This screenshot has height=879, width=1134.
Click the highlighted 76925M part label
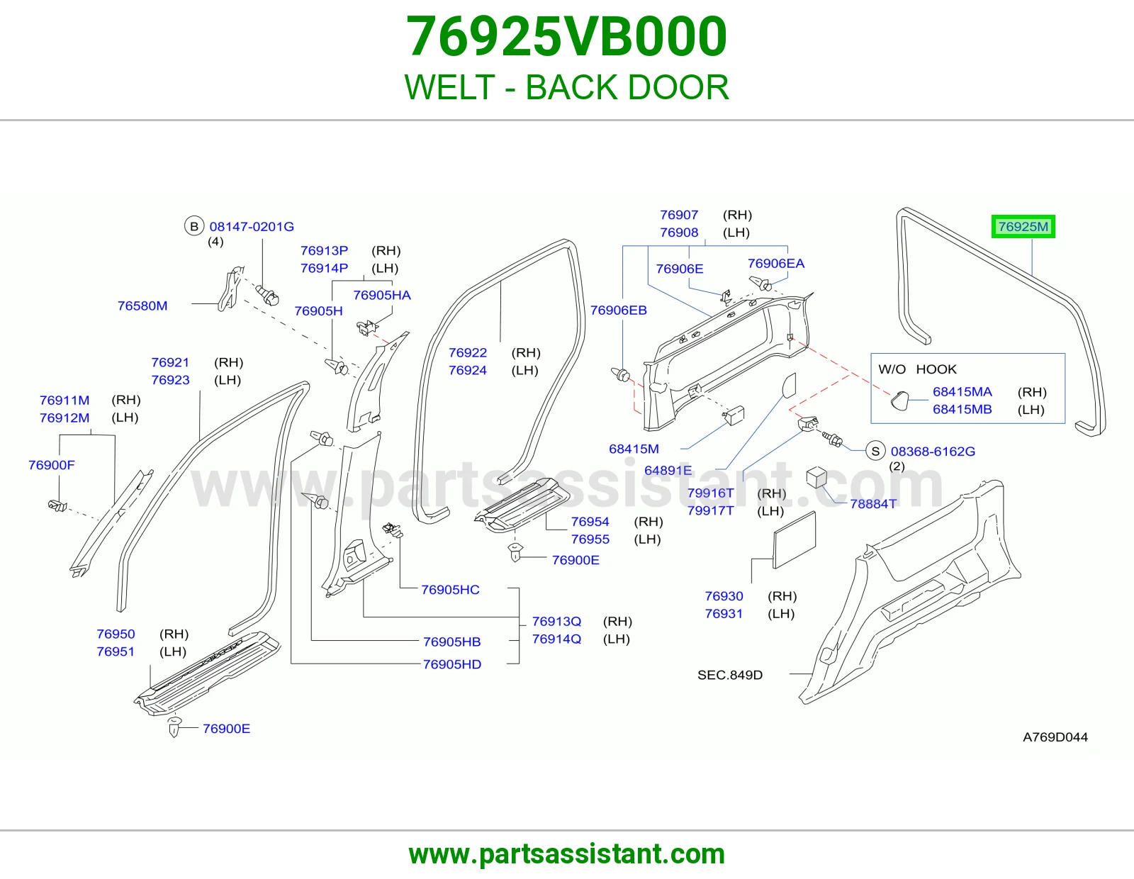click(x=1023, y=227)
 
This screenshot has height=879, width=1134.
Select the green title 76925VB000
click(x=567, y=36)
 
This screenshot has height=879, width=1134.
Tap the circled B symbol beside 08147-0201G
click(x=194, y=226)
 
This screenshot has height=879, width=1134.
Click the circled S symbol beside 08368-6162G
click(x=875, y=451)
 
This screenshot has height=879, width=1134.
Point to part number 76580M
click(x=142, y=306)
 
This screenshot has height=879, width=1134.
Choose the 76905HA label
click(x=382, y=296)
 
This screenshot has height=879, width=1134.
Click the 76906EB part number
click(x=619, y=310)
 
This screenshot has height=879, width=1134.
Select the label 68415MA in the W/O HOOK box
click(x=962, y=392)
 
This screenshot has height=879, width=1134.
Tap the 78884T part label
click(x=873, y=504)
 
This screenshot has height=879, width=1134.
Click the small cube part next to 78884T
click(x=816, y=477)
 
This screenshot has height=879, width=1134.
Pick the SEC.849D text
click(x=730, y=675)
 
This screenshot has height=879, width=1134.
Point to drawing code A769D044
click(x=1055, y=737)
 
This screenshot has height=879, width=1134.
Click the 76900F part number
click(x=52, y=465)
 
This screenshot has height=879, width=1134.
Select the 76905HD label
click(x=452, y=664)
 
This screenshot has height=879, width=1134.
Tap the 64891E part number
click(x=668, y=470)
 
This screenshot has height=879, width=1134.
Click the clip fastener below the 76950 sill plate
click(x=174, y=727)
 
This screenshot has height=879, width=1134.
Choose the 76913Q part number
click(x=556, y=622)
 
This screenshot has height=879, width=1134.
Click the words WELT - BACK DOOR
click(x=567, y=87)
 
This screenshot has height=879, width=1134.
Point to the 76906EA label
click(x=776, y=264)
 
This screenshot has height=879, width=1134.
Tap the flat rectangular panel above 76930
click(x=795, y=539)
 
